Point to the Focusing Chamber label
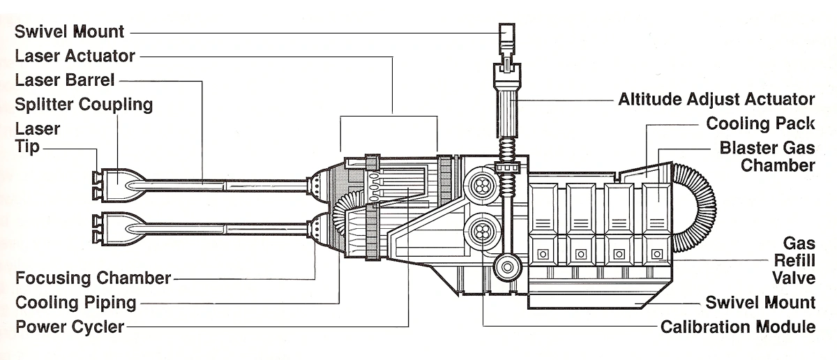93,278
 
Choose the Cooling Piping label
75,303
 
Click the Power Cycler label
70,327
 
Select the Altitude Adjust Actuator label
716,99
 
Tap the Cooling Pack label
760,123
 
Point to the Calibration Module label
738,327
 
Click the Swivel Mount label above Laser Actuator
70,31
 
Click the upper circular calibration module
481,185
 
